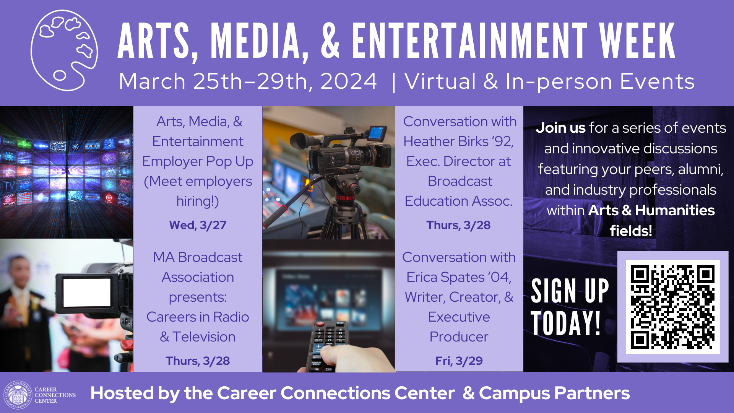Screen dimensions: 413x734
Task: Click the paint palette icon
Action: [64, 50]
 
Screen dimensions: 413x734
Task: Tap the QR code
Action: [672, 307]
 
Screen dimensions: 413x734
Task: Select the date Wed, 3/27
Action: [198, 225]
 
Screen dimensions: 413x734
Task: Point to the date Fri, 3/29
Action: [459, 361]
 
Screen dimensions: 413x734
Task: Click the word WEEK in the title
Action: [637, 41]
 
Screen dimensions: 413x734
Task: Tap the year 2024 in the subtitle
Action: [348, 81]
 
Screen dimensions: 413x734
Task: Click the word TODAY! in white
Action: [565, 324]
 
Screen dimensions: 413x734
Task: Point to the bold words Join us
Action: [560, 128]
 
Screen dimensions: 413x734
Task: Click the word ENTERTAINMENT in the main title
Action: [469, 41]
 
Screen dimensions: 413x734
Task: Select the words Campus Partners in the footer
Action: [554, 393]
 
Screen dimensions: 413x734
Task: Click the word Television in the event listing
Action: [204, 337]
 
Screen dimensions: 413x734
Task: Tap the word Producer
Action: [459, 337]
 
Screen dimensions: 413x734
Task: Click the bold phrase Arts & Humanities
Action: [651, 210]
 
